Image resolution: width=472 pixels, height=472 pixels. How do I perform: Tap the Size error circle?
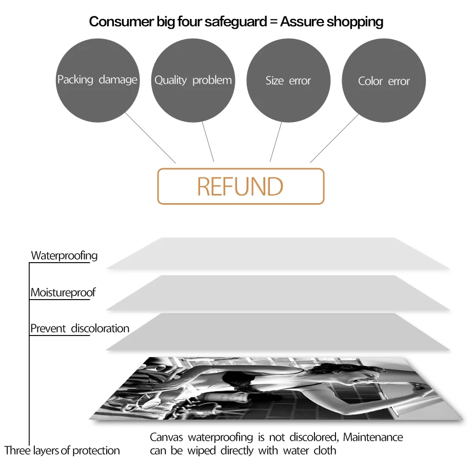point(288,81)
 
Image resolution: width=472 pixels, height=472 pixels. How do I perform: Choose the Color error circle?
point(384,81)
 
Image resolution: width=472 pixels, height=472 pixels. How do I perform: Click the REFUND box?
point(241,186)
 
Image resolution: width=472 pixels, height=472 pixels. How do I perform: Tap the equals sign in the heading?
point(273,22)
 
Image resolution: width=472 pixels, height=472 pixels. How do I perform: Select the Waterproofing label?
point(64,255)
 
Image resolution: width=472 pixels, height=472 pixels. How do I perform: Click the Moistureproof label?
point(63,292)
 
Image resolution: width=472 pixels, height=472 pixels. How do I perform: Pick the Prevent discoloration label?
point(80,328)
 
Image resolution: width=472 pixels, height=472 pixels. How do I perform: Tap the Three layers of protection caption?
point(62,450)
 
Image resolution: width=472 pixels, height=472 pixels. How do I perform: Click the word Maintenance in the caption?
point(373,437)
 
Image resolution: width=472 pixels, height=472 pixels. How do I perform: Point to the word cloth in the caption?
point(325,450)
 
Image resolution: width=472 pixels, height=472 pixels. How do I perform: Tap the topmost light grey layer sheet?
point(278,253)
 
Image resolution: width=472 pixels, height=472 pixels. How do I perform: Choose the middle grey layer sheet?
point(278,292)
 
